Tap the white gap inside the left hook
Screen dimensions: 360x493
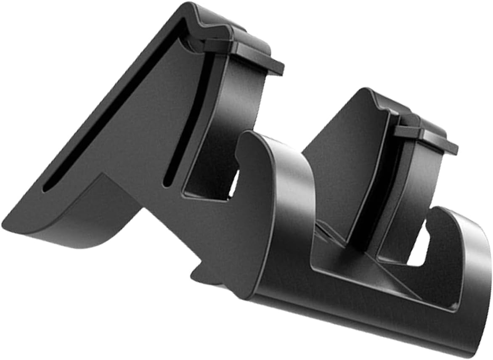(233, 185)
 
